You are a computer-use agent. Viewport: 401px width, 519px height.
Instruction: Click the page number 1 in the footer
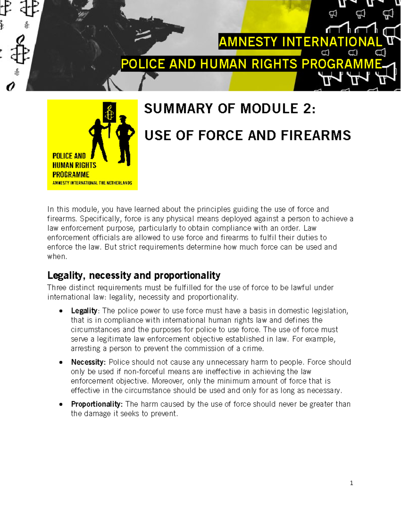(351, 483)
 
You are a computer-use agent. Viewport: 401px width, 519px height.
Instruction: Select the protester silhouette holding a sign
(98, 140)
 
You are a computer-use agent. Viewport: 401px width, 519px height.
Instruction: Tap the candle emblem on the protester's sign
(109, 112)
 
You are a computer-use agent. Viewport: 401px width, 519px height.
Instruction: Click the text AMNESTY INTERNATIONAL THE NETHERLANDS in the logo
(92, 183)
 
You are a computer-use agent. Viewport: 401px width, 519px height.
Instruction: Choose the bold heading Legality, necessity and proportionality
(134, 275)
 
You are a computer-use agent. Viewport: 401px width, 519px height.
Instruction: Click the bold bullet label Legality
(84, 311)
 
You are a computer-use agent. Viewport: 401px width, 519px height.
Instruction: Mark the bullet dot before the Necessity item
(60, 362)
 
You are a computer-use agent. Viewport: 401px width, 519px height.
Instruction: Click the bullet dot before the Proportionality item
(60, 404)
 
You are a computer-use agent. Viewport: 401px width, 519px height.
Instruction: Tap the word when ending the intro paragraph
(57, 257)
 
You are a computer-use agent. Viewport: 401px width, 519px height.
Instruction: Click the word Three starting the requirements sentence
(57, 288)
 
